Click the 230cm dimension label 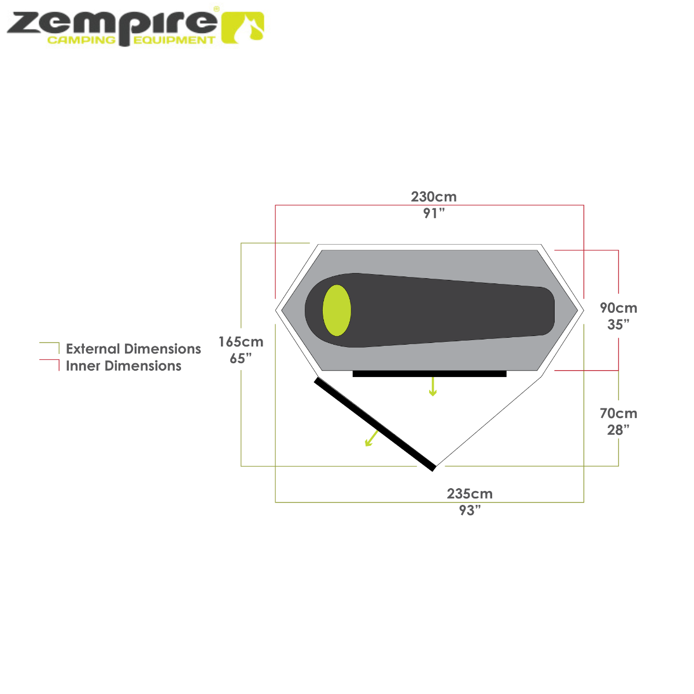[x=434, y=197]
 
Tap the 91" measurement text [x=434, y=213]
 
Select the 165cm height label [x=241, y=342]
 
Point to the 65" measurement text [x=241, y=359]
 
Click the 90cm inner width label [x=618, y=308]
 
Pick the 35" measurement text [x=618, y=324]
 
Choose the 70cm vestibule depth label [x=618, y=414]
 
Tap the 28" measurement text [x=618, y=430]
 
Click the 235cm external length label [x=470, y=494]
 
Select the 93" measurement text [x=470, y=511]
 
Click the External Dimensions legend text [x=134, y=349]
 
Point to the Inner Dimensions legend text [x=124, y=366]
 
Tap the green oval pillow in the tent [x=337, y=311]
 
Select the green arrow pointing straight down [x=433, y=387]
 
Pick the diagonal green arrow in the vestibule [x=371, y=439]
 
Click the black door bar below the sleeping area [x=430, y=374]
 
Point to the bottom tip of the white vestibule [x=437, y=464]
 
